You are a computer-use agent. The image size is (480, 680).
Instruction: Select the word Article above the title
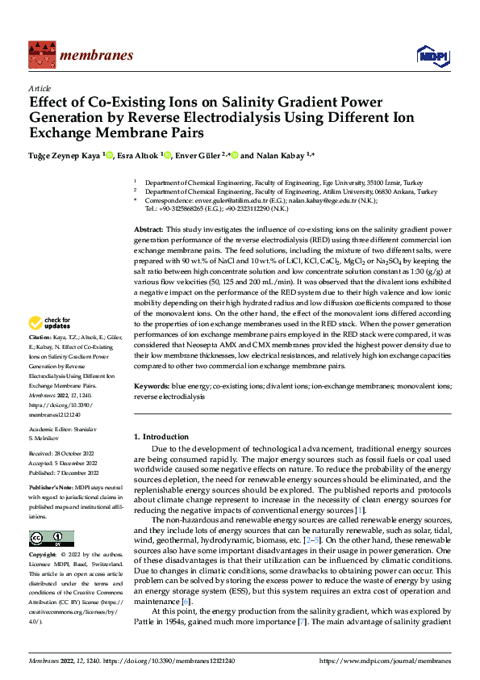(x=40, y=88)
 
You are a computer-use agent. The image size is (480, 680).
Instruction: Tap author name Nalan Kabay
(x=287, y=154)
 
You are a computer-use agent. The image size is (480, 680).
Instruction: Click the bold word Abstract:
(x=150, y=230)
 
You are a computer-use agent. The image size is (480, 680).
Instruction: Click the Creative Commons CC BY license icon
(x=51, y=539)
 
